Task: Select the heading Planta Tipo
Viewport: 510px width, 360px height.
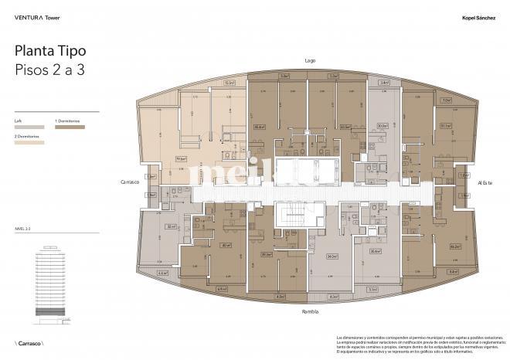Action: (x=50, y=51)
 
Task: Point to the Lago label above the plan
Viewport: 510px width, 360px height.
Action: (x=311, y=60)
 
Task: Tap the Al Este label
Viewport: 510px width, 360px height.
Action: (x=485, y=182)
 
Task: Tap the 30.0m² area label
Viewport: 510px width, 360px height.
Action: (x=382, y=126)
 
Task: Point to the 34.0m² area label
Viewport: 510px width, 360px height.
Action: (x=332, y=256)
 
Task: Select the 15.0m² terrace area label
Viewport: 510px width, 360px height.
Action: (x=229, y=82)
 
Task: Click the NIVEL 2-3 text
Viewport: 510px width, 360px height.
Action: (x=23, y=230)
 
